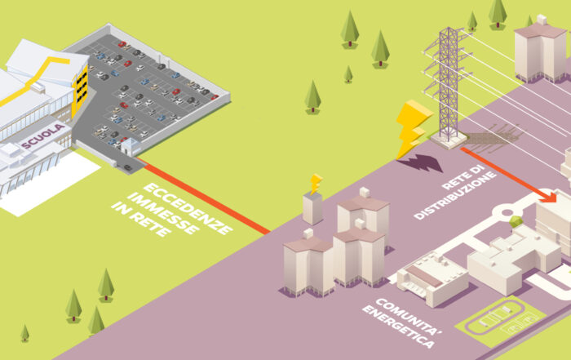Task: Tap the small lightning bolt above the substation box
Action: (316, 182)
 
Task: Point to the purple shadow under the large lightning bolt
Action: (418, 163)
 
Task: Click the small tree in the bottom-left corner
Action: (24, 332)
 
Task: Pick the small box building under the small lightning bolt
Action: (312, 208)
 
